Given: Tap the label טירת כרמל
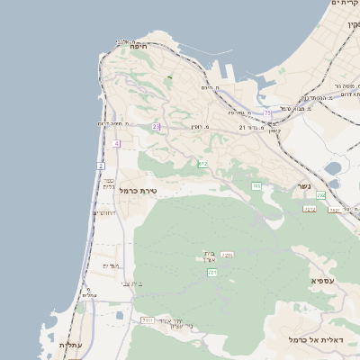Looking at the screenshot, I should point(139,190).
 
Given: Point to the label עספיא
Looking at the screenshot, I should point(326,281).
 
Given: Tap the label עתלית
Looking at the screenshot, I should point(71,345).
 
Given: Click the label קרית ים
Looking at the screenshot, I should point(345,4).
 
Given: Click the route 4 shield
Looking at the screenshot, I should point(117,143).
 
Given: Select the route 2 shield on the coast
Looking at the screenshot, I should point(101,166).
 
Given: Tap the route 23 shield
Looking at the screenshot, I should point(156,127).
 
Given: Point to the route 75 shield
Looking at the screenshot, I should point(267,113).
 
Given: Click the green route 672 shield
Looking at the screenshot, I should point(202,164).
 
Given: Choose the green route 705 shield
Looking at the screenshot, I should point(256,186).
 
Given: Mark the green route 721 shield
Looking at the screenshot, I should point(212,272).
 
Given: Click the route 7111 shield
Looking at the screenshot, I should point(147,319).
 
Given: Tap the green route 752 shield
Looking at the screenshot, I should point(320,195).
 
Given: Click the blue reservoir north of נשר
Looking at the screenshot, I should point(333,168).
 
